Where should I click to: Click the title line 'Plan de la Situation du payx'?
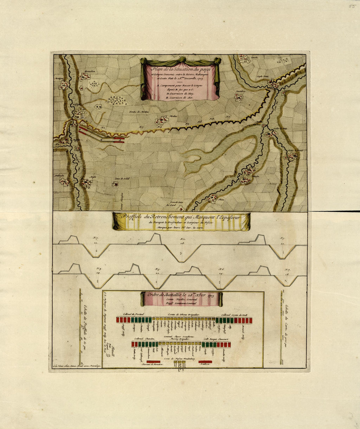(x=179, y=69)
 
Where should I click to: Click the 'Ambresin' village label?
(x=59, y=174)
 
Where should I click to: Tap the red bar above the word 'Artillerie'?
(x=205, y=362)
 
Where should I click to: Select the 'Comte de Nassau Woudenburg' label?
(x=180, y=359)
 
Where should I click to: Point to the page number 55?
(x=352, y=6)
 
